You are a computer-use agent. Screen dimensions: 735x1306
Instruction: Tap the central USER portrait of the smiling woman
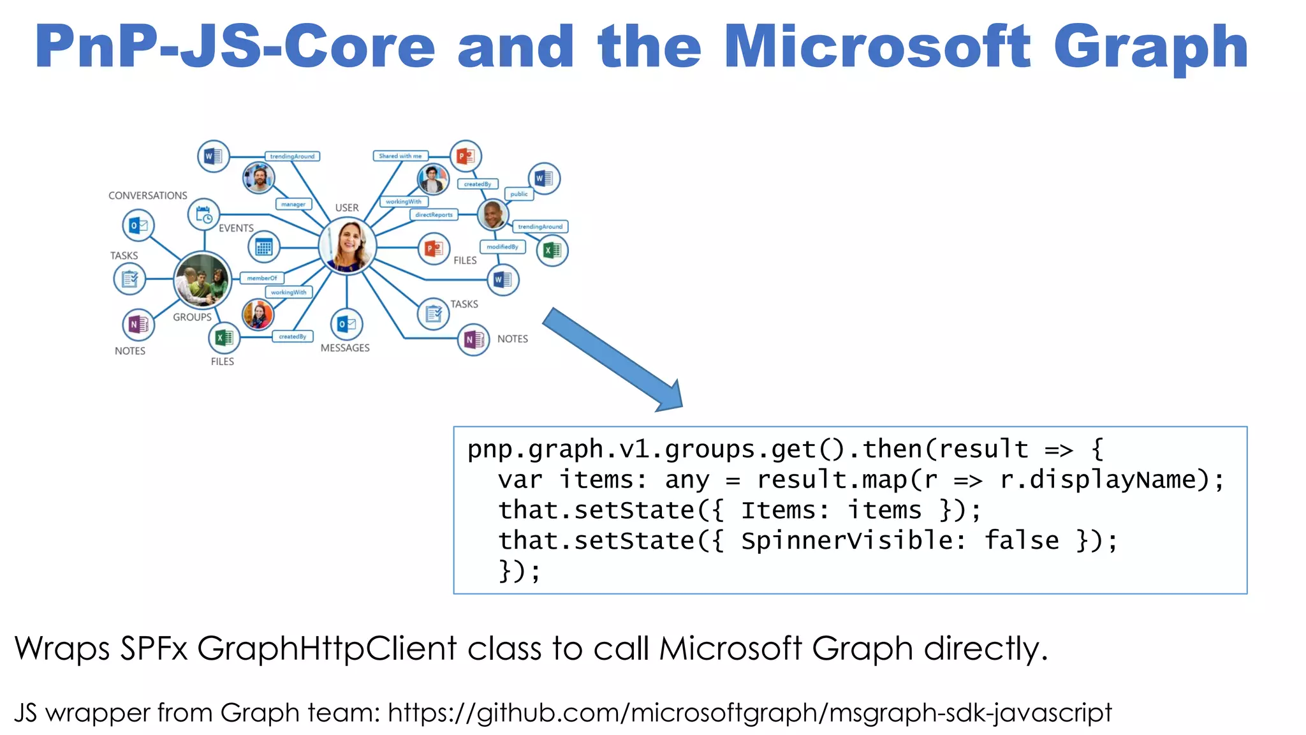347,246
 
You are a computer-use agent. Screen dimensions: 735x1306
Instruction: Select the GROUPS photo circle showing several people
202,279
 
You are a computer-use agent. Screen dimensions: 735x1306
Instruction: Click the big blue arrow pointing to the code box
612,359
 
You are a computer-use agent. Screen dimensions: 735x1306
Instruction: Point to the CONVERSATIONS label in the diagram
147,195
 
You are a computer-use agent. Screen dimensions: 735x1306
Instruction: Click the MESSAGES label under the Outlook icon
345,348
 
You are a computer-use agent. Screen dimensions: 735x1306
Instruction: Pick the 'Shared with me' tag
400,156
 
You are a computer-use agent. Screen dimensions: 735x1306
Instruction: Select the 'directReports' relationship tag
434,215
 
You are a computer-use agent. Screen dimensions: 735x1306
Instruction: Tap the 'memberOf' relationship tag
261,278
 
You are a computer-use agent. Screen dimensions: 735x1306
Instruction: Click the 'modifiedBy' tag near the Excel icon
502,247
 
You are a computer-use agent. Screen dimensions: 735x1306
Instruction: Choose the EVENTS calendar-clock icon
203,214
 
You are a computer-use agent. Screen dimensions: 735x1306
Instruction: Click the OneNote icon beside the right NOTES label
473,339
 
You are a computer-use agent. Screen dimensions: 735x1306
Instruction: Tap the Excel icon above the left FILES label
224,338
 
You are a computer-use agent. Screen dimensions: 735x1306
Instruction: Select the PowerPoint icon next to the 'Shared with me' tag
466,156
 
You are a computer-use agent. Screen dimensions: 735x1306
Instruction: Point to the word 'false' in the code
1022,540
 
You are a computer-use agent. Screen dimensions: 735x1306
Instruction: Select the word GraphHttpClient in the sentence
326,649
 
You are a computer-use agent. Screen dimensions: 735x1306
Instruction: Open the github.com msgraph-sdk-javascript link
749,713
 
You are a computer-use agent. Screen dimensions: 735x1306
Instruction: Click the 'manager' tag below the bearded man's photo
293,204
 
